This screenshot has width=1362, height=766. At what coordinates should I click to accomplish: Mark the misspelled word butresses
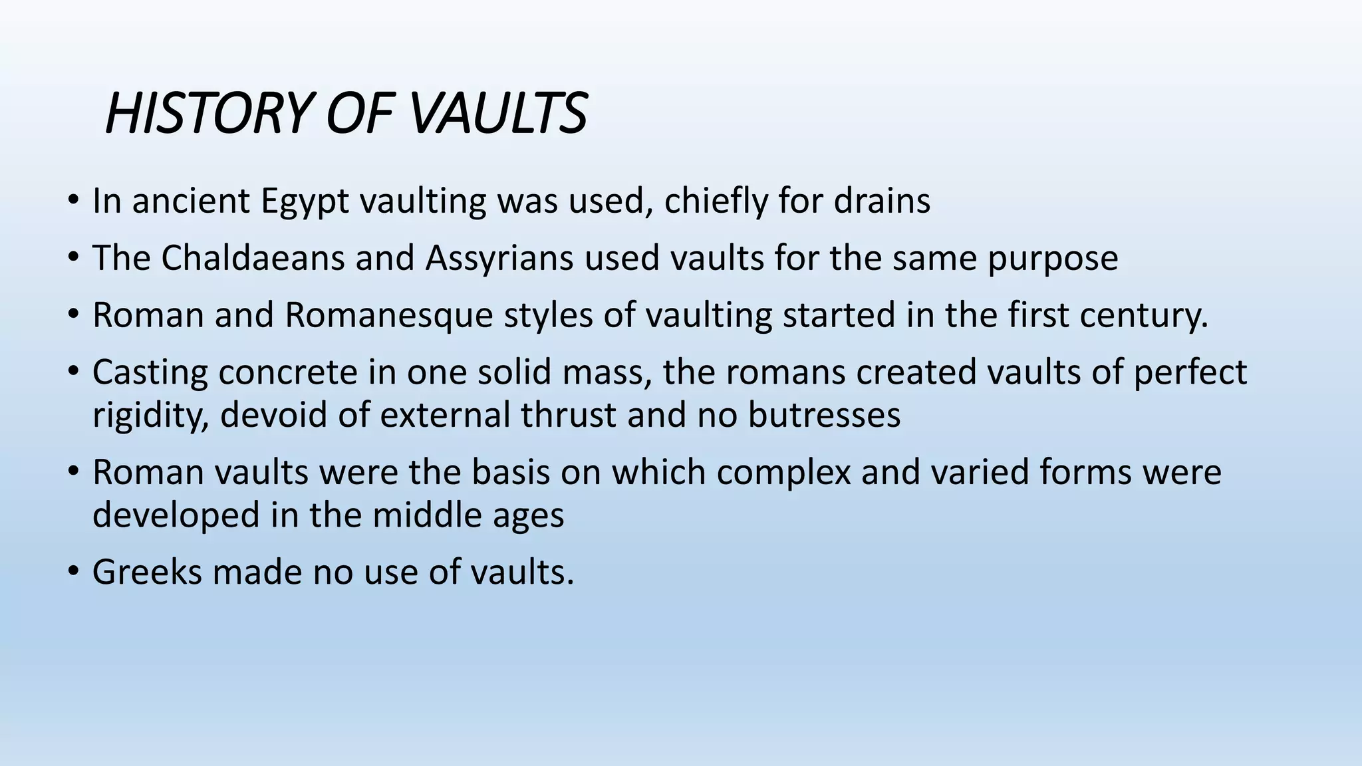pyautogui.click(x=825, y=415)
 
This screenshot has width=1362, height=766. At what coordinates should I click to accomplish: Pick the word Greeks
pyautogui.click(x=147, y=572)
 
